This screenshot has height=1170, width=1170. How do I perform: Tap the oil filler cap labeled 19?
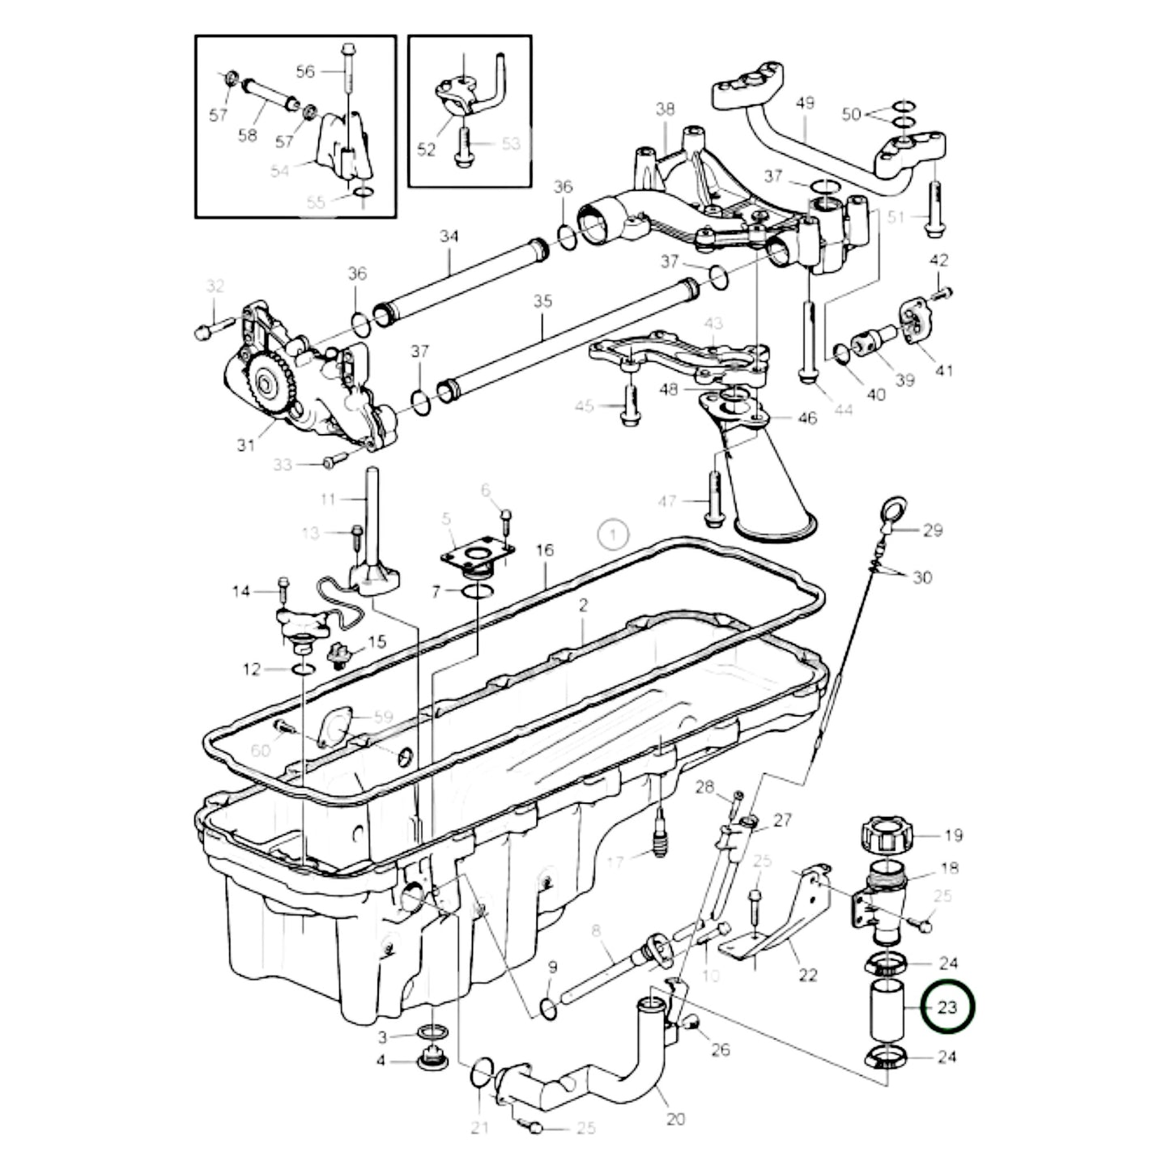[x=887, y=834]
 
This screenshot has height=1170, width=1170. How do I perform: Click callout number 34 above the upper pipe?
[x=449, y=236]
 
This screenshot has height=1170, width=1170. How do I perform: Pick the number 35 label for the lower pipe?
[x=542, y=301]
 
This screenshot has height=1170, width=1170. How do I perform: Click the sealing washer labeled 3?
[x=431, y=1032]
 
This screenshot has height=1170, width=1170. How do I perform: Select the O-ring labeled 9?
[x=547, y=1009]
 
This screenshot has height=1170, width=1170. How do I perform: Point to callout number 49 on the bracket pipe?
[x=805, y=103]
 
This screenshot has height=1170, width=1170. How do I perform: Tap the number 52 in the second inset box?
[x=426, y=149]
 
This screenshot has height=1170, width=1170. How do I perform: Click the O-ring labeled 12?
[x=303, y=669]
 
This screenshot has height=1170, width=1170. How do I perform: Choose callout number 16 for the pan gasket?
[x=545, y=550]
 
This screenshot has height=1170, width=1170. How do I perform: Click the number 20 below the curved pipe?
[x=676, y=1118]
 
